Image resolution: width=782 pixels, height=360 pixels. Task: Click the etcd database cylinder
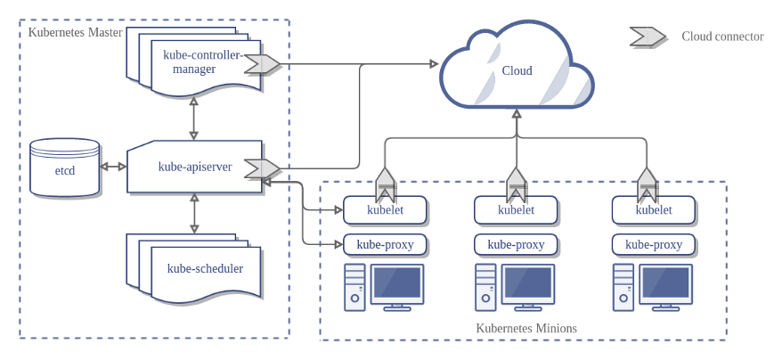(x=64, y=168)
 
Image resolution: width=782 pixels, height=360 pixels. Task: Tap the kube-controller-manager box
(x=201, y=62)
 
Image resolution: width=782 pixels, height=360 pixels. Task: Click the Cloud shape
(x=517, y=70)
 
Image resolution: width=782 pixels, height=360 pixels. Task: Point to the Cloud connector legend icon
(x=648, y=37)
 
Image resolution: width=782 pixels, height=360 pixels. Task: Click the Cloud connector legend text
(x=722, y=37)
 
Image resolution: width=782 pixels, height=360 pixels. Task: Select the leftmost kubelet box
(x=385, y=211)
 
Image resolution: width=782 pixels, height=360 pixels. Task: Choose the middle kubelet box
(x=516, y=211)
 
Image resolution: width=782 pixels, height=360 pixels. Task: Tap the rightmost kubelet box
(x=654, y=211)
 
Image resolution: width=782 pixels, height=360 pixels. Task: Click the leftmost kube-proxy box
(x=385, y=244)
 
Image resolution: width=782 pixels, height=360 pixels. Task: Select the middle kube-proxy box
(x=516, y=244)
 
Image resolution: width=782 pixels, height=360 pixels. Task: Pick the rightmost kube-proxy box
(x=654, y=244)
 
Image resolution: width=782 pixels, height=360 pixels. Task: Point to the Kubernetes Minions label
(x=526, y=328)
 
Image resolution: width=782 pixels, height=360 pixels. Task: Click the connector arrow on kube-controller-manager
(x=262, y=63)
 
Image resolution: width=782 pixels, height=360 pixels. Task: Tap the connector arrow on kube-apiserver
(x=262, y=168)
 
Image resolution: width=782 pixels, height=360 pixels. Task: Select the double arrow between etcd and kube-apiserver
(x=113, y=167)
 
